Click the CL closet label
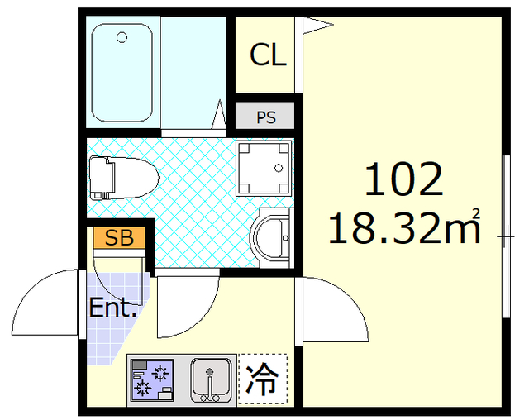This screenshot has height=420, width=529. [x=268, y=55]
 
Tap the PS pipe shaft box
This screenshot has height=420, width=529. [x=265, y=117]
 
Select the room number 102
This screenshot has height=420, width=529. [x=404, y=179]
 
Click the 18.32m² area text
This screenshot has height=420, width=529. [x=404, y=227]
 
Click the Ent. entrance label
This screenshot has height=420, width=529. [x=112, y=310]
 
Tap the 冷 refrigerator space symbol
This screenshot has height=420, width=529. [x=263, y=379]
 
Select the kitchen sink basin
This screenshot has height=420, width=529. [x=212, y=379]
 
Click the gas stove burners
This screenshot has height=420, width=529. [x=151, y=380]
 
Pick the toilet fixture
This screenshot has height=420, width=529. [x=122, y=177]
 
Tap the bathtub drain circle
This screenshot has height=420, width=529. [x=122, y=37]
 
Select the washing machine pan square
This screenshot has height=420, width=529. [x=264, y=166]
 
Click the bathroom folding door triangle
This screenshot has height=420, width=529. [x=221, y=113]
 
